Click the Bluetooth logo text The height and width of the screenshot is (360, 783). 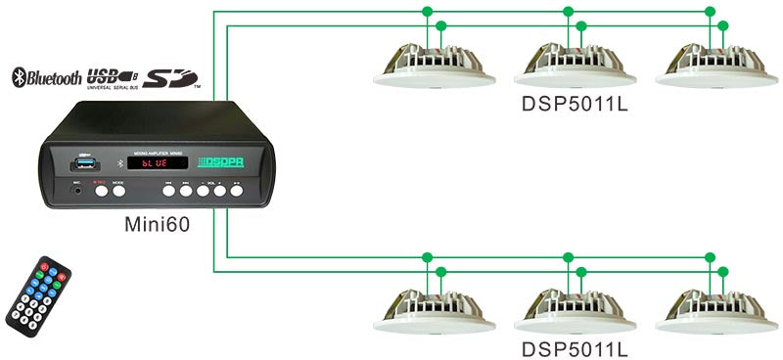pos(47,78)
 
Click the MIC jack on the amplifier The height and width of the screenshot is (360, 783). pos(76,192)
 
